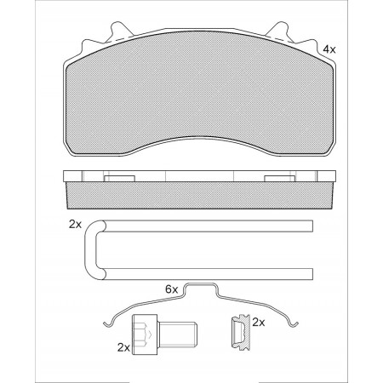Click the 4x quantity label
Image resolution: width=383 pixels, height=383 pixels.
(x=329, y=49)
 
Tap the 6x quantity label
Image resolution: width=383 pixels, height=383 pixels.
(x=171, y=289)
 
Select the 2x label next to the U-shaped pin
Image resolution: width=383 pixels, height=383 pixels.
(x=74, y=225)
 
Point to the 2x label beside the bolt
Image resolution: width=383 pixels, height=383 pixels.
(x=123, y=347)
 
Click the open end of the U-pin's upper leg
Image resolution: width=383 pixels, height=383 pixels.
(x=311, y=226)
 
